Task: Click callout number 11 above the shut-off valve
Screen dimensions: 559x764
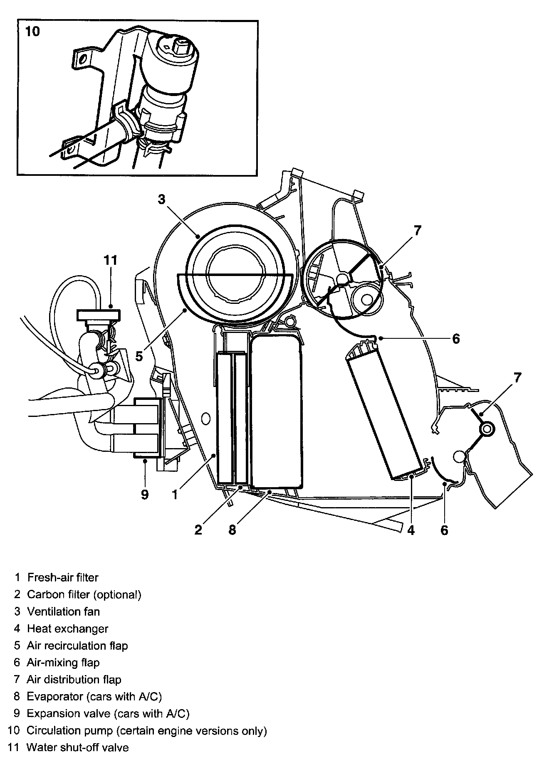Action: [111, 260]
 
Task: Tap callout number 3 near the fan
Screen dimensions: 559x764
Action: [161, 200]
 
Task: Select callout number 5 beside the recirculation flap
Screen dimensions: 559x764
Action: [139, 356]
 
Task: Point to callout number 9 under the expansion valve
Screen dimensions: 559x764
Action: [145, 494]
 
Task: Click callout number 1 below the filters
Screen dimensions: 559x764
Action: [176, 494]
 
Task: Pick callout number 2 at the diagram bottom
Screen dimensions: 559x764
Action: [198, 530]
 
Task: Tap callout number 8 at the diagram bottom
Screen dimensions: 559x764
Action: [232, 530]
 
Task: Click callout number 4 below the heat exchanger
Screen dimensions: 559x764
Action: [411, 530]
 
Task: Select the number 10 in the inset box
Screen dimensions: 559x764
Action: [32, 31]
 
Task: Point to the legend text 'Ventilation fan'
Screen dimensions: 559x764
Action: [63, 611]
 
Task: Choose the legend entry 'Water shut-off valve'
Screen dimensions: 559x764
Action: [78, 747]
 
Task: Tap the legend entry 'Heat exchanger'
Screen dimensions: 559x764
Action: [67, 628]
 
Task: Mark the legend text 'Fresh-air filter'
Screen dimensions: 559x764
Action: [63, 577]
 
